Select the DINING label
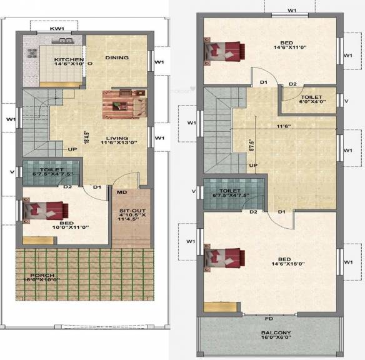117,57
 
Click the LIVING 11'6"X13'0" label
117,142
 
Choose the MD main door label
121,192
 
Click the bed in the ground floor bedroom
44,211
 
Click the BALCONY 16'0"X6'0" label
269,336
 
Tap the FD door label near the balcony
269,319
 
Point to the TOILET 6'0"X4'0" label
311,101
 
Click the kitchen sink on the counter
64,41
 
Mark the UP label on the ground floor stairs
72,150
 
